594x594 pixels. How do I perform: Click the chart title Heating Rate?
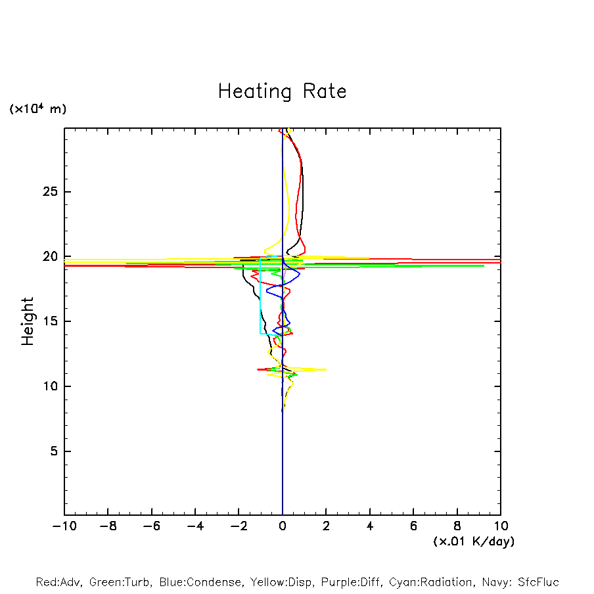(282, 91)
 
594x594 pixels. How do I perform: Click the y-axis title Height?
(28, 321)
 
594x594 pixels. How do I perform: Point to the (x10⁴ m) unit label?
(37, 109)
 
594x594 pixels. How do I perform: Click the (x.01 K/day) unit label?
(473, 541)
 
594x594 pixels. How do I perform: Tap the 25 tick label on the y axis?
(50, 192)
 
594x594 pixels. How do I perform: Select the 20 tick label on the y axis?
(50, 257)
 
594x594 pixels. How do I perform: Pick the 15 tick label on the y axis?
(50, 321)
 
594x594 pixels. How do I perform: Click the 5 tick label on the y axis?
(54, 451)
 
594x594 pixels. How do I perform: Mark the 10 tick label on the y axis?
(50, 386)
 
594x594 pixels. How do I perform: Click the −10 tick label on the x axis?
(64, 526)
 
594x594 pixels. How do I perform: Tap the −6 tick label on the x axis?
(151, 526)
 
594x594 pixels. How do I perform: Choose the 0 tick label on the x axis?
(283, 526)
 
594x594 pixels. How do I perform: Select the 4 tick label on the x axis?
(370, 526)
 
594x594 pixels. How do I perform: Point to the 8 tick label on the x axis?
(457, 526)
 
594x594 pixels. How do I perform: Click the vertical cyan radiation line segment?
(260, 296)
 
